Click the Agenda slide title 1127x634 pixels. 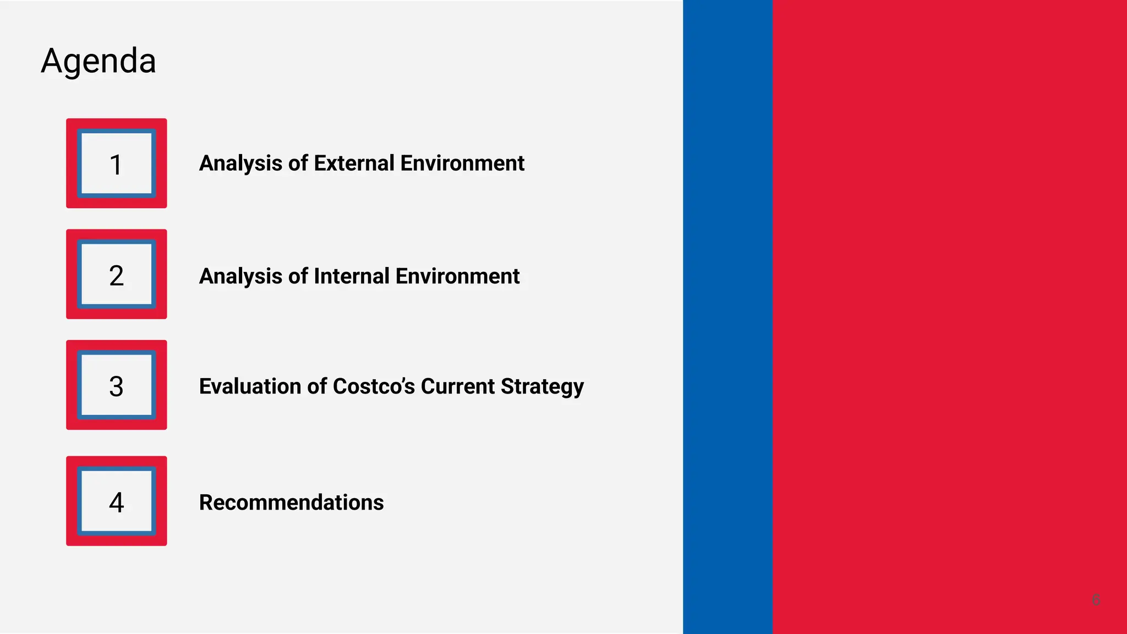[x=99, y=61]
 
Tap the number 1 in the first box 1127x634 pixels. [x=116, y=165]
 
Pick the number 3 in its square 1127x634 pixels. [x=116, y=386]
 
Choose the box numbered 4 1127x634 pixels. [x=116, y=502]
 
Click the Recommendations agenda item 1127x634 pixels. [x=291, y=502]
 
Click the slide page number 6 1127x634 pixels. [x=1096, y=600]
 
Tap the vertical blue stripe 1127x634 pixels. [x=727, y=317]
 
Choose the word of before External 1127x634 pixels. [x=298, y=163]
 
